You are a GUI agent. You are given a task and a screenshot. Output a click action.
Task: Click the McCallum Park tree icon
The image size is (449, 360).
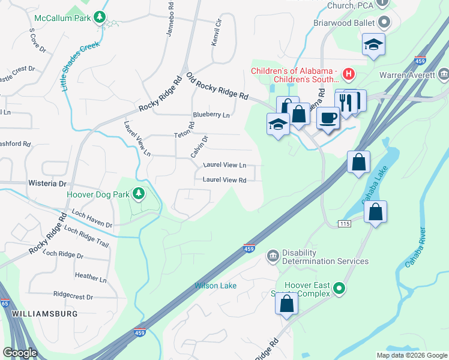tap(100, 17)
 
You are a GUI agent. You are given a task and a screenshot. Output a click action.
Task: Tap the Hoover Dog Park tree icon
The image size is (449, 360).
tap(139, 193)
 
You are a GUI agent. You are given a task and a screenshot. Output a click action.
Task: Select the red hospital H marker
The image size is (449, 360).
tap(349, 75)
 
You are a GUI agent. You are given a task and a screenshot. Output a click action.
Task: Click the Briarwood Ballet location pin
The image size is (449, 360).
tap(385, 23)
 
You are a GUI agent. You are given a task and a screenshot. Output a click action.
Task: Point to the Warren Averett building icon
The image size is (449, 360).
tap(444, 75)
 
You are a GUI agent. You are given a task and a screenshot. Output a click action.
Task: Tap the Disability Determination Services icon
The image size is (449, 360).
tap(273, 256)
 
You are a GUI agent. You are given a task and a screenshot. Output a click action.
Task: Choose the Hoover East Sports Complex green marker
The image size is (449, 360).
tap(339, 289)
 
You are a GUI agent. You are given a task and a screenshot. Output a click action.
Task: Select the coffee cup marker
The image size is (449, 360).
tap(328, 118)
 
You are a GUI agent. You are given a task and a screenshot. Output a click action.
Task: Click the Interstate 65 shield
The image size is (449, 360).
tap(5, 304)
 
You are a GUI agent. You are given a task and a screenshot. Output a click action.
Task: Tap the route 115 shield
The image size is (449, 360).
tap(344, 223)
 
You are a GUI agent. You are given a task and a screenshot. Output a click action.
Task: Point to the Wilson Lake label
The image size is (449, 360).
tap(215, 286)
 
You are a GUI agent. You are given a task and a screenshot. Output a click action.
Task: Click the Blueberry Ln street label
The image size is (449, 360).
tap(211, 115)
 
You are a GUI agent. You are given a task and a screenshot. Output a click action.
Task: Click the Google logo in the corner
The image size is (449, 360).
tap(20, 353)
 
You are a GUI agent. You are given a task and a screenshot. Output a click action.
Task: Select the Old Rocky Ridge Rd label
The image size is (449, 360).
tap(217, 86)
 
